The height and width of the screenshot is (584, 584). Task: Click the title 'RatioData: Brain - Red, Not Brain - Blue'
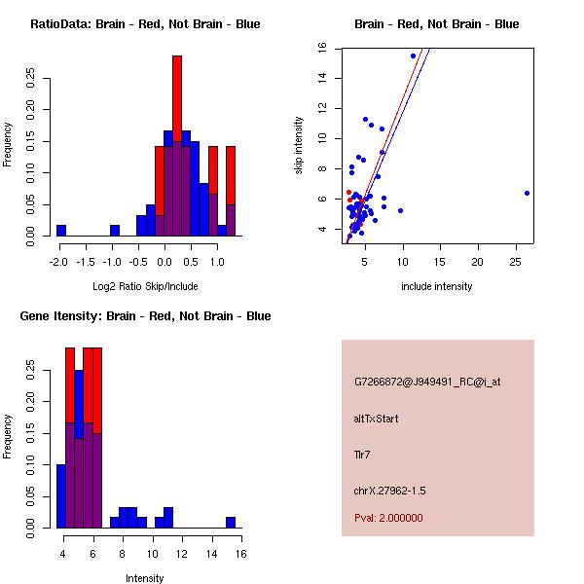click(145, 24)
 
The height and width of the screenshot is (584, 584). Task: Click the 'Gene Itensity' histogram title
click(145, 316)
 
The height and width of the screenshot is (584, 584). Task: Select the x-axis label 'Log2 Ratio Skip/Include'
click(145, 286)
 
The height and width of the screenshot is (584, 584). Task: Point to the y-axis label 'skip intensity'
click(299, 146)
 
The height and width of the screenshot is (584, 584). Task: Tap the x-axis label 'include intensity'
click(437, 286)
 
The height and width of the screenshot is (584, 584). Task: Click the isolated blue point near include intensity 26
click(527, 193)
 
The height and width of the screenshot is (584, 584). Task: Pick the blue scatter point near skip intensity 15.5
click(413, 55)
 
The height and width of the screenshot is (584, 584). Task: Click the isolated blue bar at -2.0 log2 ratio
click(61, 231)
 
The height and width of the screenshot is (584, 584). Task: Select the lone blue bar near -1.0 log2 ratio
click(115, 231)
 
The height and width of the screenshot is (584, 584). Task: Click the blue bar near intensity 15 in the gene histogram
click(231, 523)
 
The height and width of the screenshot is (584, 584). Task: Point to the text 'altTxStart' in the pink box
click(376, 419)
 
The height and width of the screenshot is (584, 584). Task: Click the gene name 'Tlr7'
click(362, 454)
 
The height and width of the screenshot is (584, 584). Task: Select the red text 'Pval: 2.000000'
click(388, 518)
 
